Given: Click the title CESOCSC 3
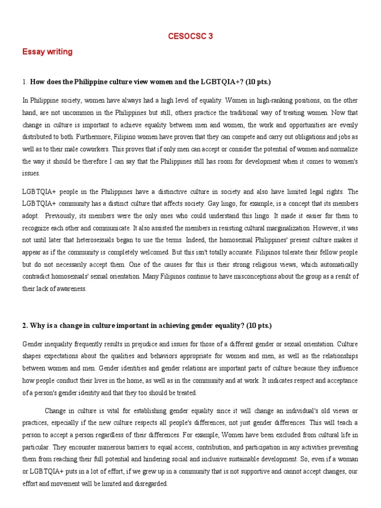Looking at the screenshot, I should coord(190,36).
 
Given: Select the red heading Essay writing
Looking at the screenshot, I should coord(48,52).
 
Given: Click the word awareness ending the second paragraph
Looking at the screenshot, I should coord(72,289).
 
